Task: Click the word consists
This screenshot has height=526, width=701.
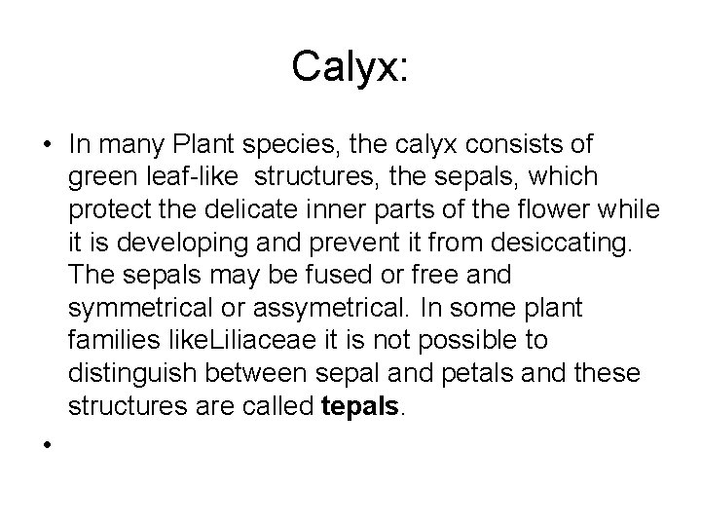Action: point(498,144)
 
